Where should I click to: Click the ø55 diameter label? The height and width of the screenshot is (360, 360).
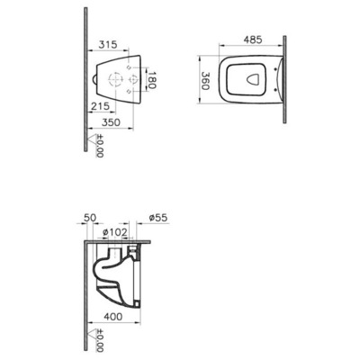[x=158, y=218]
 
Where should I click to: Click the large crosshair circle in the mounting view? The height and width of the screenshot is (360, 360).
[x=118, y=81]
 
